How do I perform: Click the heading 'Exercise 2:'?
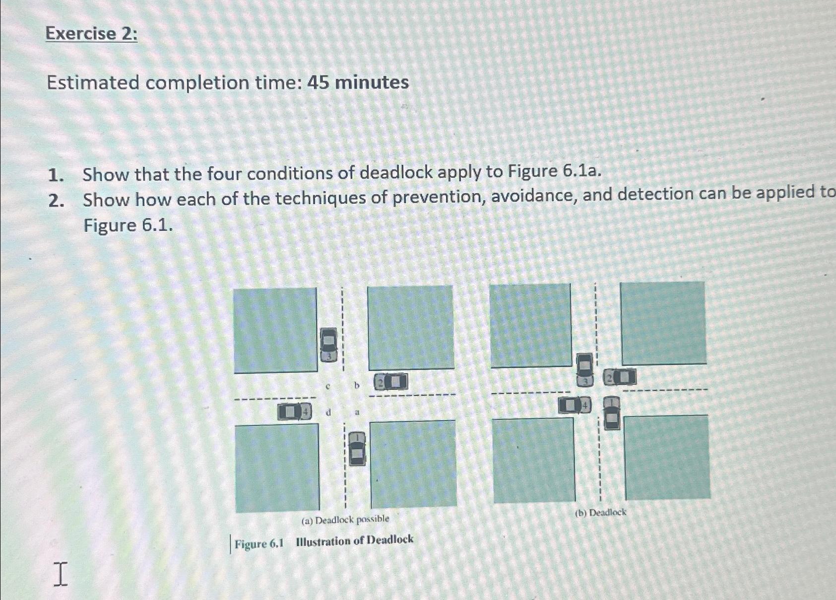[91, 34]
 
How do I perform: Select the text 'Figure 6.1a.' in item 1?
[554, 171]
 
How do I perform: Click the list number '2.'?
[56, 200]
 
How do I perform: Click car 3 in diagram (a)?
[328, 344]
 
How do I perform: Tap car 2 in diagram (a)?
[391, 382]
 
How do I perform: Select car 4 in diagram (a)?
[295, 412]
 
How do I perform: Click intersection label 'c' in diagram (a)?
[328, 385]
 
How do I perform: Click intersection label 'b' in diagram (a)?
[356, 385]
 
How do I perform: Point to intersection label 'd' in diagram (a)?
[328, 412]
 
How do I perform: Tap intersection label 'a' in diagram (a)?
[357, 412]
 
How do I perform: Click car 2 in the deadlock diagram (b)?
[620, 377]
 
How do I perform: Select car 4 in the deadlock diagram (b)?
[575, 405]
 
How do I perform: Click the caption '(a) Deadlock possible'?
[345, 520]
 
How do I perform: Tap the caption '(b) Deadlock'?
[600, 513]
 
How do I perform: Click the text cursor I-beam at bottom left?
[60, 574]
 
